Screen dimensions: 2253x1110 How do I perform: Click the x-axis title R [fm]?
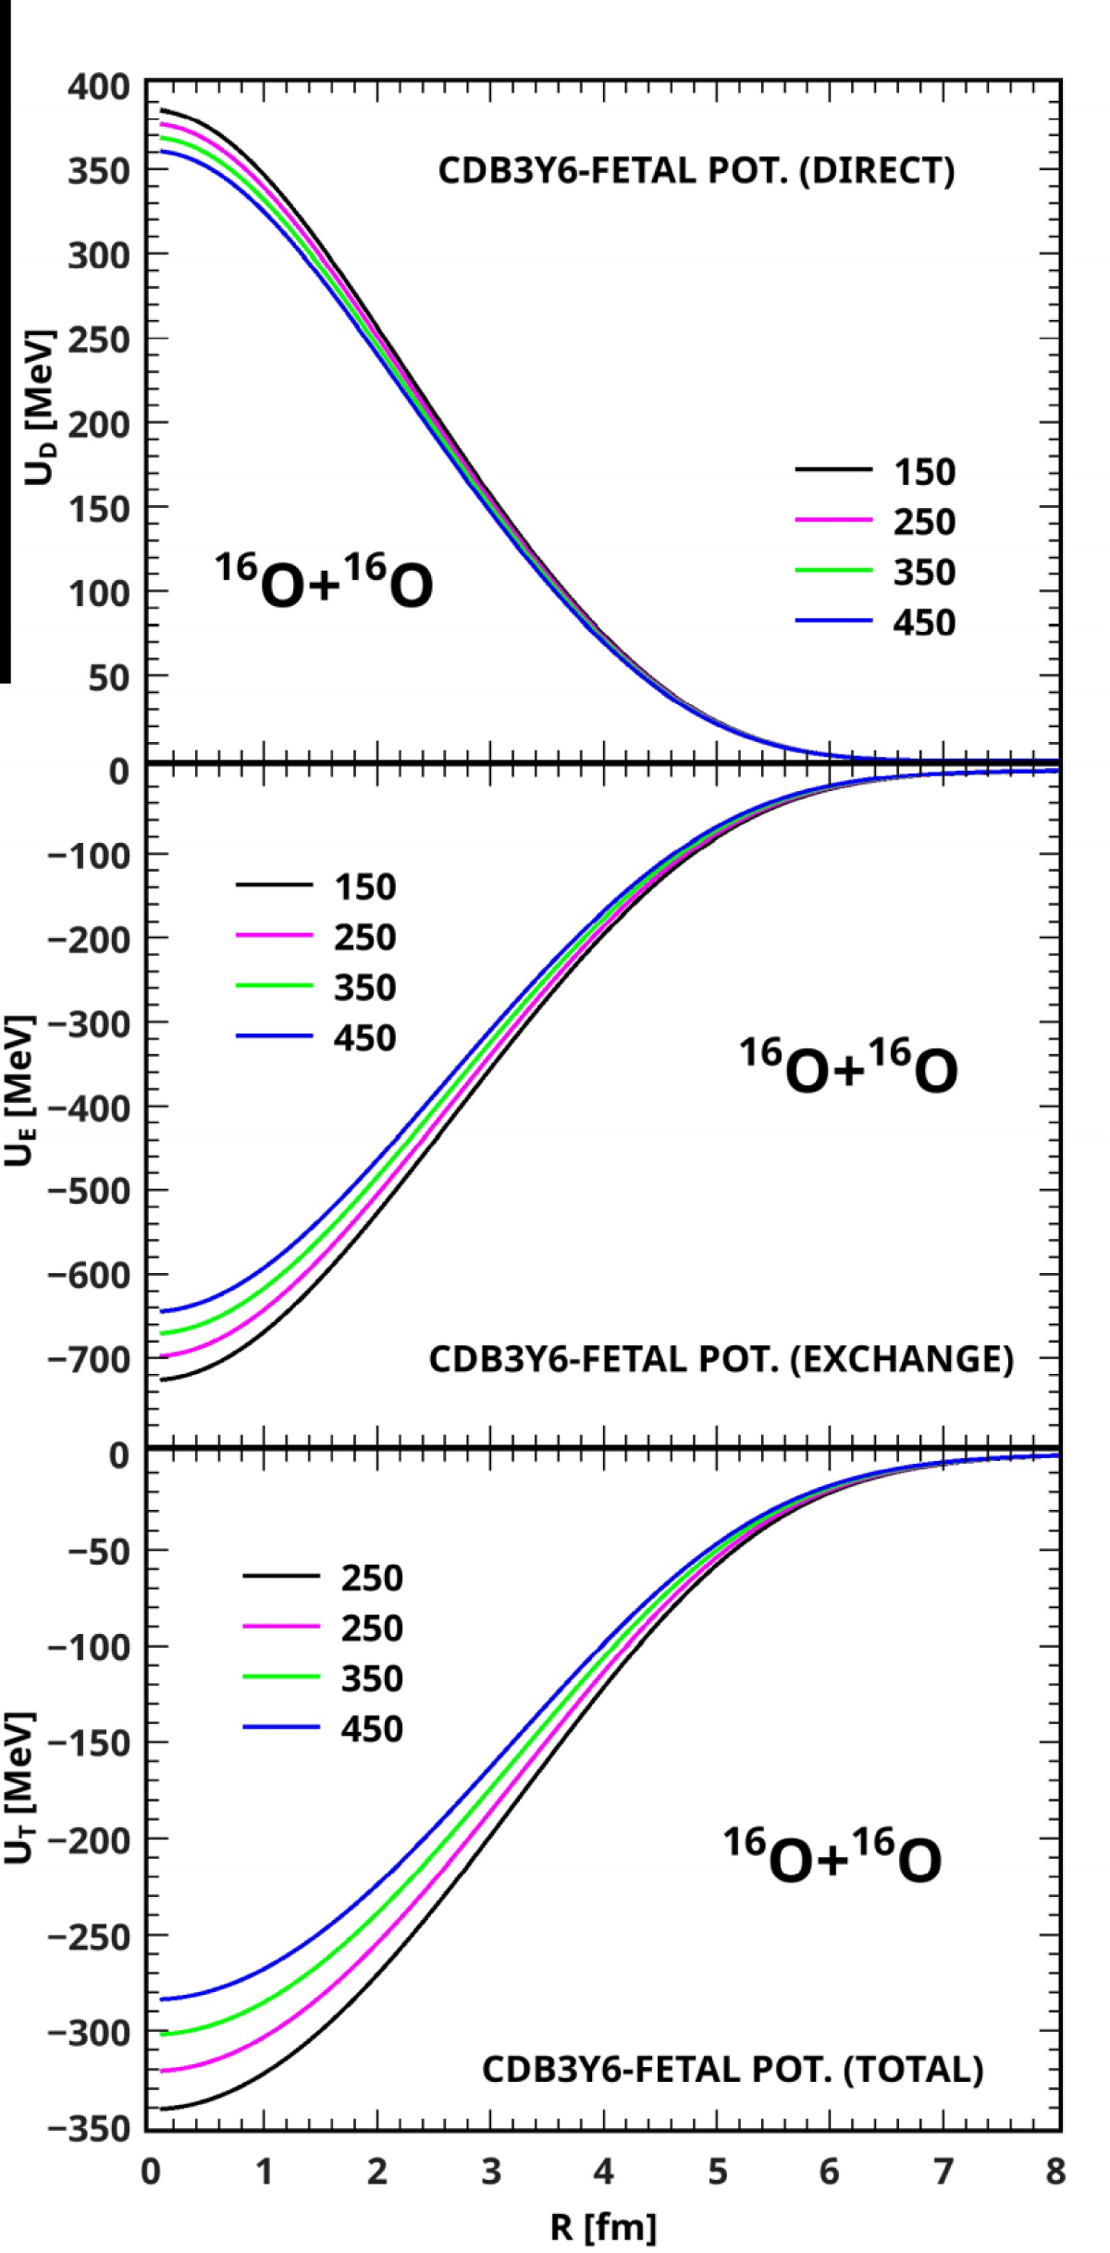[603, 2227]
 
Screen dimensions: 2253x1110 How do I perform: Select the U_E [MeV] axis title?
[19, 1092]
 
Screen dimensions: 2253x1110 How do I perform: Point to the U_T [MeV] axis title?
[19, 1787]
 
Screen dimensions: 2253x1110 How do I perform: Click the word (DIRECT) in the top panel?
[877, 171]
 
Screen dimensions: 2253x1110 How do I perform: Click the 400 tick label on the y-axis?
[99, 87]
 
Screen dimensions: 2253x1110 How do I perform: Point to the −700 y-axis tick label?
[89, 1359]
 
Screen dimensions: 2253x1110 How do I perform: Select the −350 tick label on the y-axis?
[89, 2129]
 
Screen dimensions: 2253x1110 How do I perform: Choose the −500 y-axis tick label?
[89, 1191]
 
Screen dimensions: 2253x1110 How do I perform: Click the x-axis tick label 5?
[718, 2171]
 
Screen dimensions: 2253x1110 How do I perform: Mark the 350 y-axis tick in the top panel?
[99, 171]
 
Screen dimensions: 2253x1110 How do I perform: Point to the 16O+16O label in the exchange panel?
[848, 1066]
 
